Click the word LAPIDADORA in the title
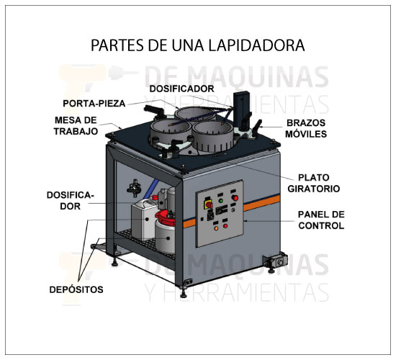(256, 45)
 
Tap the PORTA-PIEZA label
(94, 104)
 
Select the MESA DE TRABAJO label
(76, 125)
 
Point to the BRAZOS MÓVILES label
(306, 128)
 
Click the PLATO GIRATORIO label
(314, 183)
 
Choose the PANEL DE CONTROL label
(321, 220)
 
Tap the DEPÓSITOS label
(76, 289)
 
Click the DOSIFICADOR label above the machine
(181, 89)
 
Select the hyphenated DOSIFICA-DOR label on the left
(71, 201)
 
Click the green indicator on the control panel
(221, 201)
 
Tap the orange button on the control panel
(216, 228)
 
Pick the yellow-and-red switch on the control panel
(208, 204)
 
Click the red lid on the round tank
(165, 218)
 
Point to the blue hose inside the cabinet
(150, 188)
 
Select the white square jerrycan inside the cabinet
(144, 219)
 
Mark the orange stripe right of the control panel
(261, 203)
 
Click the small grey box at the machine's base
(275, 261)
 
